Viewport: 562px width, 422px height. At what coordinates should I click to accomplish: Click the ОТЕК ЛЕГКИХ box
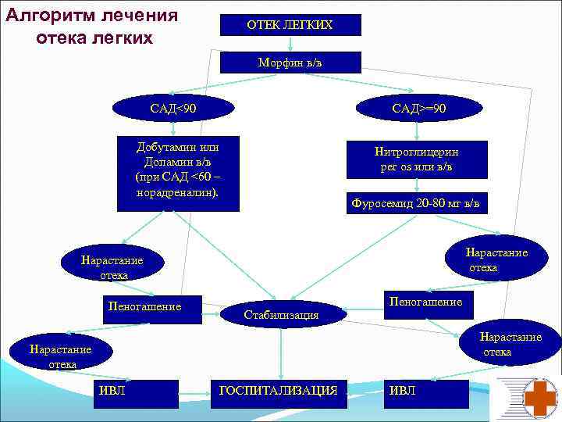click(290, 25)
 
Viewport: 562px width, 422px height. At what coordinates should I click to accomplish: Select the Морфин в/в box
click(290, 63)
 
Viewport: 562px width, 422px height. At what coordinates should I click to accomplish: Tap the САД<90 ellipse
click(173, 107)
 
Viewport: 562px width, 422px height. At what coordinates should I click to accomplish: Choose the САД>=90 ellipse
click(420, 107)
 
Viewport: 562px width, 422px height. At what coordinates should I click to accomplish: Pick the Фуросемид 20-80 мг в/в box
click(420, 203)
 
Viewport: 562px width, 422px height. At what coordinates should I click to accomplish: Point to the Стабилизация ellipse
click(282, 314)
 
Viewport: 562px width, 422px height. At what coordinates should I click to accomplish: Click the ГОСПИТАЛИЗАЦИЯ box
click(279, 390)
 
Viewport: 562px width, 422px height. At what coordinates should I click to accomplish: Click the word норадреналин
click(176, 191)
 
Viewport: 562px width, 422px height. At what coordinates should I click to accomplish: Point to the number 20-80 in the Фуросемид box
click(434, 203)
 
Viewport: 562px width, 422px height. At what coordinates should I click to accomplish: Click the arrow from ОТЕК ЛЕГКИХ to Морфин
click(290, 44)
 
